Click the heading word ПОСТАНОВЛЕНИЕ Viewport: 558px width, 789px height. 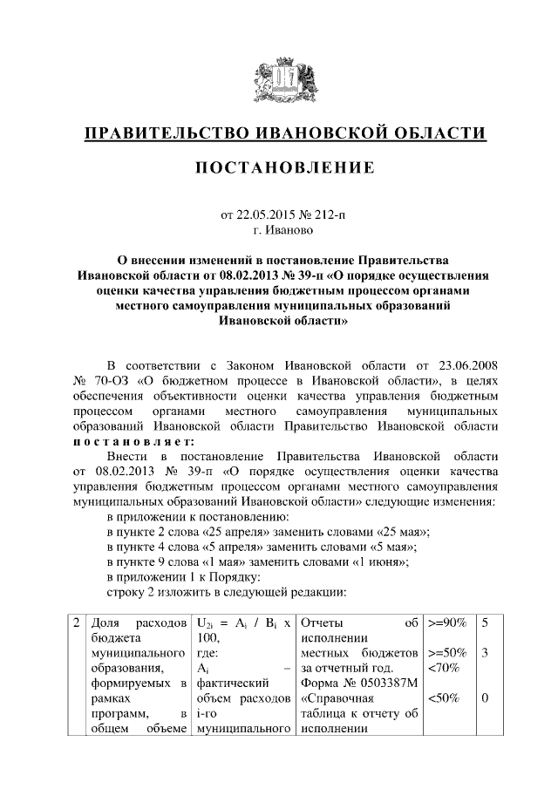[284, 167]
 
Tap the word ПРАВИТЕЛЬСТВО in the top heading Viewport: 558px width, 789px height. [166, 133]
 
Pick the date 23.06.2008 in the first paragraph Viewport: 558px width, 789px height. [461, 364]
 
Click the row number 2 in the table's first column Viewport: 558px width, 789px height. [77, 622]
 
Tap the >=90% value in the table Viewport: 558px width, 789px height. [447, 622]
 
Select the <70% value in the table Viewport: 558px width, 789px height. [442, 668]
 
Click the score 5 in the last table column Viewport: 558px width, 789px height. [484, 622]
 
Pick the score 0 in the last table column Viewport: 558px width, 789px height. [484, 698]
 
